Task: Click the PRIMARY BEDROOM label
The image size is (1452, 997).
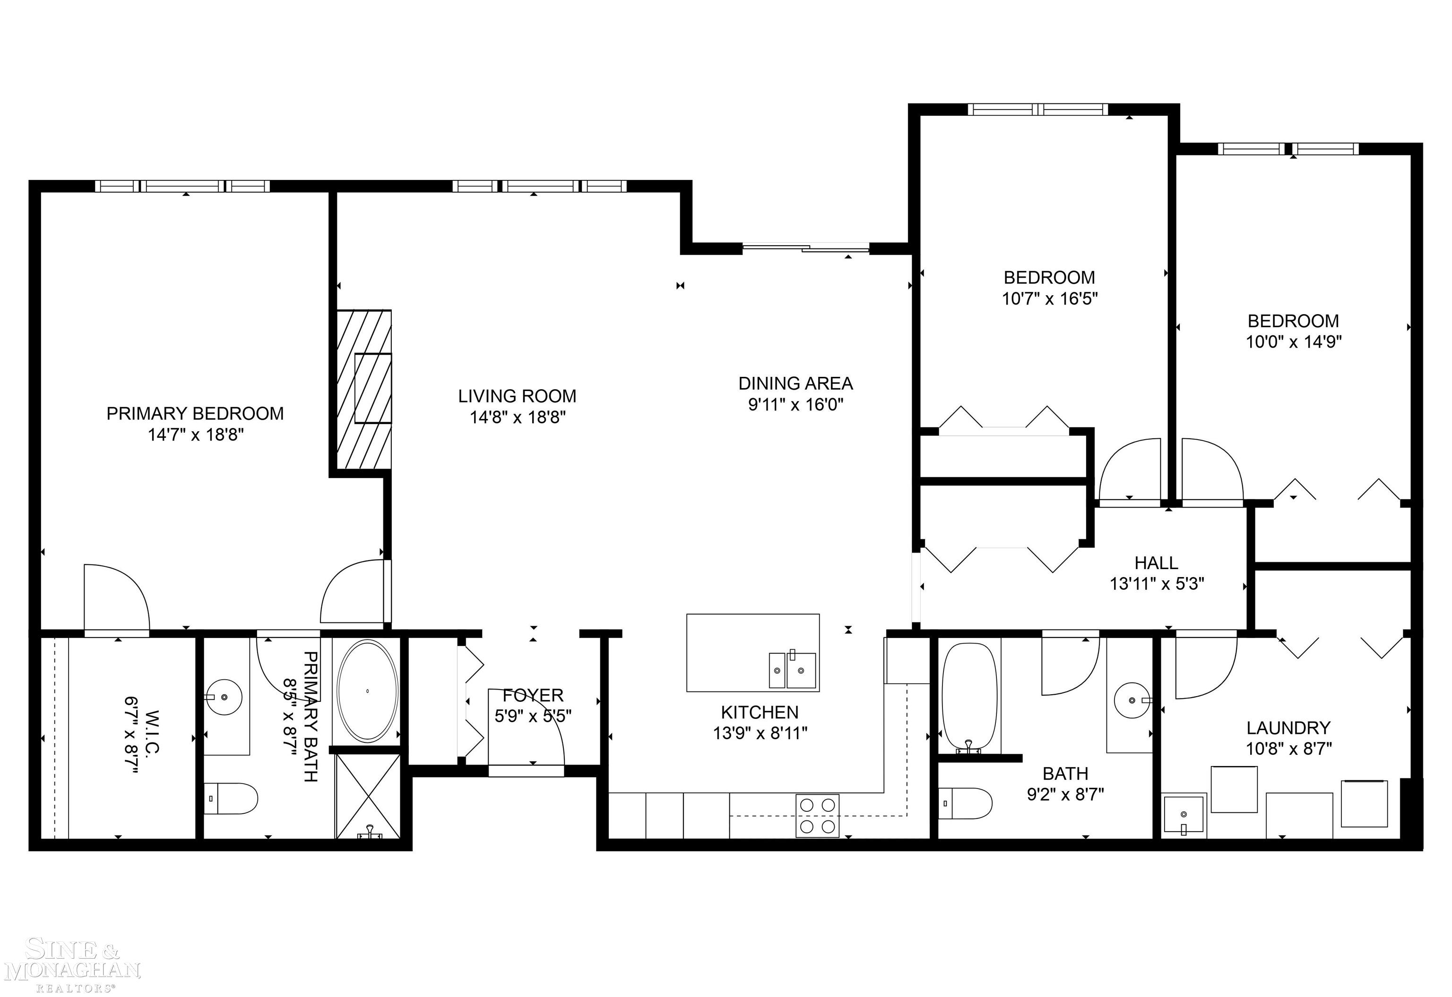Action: [195, 414]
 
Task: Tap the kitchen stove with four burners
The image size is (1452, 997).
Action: [817, 816]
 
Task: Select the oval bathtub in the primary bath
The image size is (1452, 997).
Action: [367, 691]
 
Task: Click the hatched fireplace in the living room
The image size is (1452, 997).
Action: [364, 389]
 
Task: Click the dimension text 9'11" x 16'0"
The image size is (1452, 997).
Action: [795, 405]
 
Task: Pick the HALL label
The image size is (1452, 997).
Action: [1156, 563]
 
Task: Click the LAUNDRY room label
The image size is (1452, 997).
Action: [1288, 728]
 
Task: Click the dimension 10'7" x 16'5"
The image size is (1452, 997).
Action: [1049, 298]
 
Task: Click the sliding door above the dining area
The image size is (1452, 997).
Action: [806, 248]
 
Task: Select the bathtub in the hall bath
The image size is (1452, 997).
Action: [969, 697]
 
